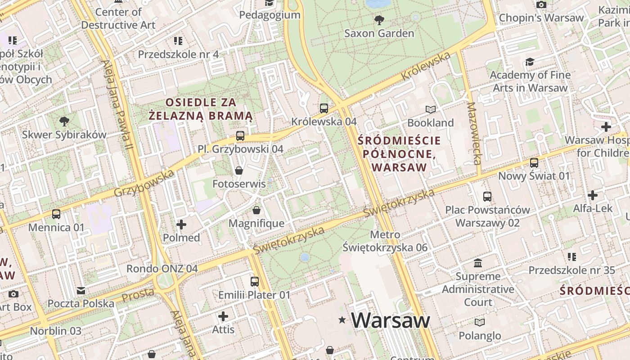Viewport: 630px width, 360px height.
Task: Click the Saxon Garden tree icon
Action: click(x=379, y=20)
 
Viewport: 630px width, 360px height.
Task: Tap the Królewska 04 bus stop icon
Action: click(x=324, y=108)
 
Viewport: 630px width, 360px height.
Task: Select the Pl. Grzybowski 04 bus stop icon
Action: click(x=240, y=135)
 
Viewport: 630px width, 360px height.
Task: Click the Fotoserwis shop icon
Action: click(x=239, y=171)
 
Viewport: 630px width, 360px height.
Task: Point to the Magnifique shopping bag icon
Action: click(x=256, y=210)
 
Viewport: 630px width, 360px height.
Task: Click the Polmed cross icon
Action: click(x=181, y=224)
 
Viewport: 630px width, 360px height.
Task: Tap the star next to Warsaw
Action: click(x=343, y=320)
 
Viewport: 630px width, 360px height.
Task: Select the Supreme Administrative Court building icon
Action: click(x=478, y=263)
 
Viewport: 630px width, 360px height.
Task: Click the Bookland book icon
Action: click(x=431, y=109)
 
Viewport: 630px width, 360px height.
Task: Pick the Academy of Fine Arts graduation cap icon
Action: click(x=530, y=62)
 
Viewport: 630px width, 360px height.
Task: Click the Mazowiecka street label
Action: click(x=474, y=133)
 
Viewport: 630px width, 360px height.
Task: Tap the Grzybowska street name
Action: click(x=144, y=184)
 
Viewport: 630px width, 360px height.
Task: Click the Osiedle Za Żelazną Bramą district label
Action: click(x=201, y=109)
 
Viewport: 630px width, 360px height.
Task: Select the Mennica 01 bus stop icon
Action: click(x=56, y=214)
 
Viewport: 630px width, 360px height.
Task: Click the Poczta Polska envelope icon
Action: click(x=81, y=290)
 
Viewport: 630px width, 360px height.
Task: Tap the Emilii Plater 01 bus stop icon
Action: click(x=255, y=282)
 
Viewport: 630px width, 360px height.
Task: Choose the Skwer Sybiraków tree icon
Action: click(x=64, y=121)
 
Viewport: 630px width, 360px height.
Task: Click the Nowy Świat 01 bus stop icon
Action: click(x=534, y=162)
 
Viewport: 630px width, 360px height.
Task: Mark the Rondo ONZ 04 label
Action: click(x=162, y=269)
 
